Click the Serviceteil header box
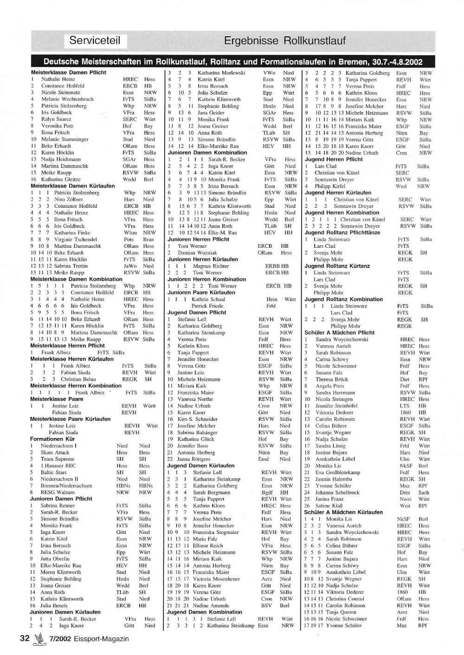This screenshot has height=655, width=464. click(x=95, y=40)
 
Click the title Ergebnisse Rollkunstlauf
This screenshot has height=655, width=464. click(x=284, y=41)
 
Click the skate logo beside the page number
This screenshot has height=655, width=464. click(x=39, y=639)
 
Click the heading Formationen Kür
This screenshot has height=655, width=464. click(x=52, y=439)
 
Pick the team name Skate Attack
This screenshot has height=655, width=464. click(x=55, y=452)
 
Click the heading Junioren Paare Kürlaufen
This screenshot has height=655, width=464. click(x=201, y=293)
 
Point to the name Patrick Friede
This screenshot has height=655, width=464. click(x=207, y=306)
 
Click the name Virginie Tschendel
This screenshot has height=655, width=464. click(x=76, y=239)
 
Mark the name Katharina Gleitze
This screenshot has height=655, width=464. click(x=60, y=179)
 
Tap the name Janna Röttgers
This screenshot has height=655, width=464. click(x=194, y=459)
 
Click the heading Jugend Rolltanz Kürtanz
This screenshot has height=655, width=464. click(x=337, y=266)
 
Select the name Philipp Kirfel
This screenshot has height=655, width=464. click(x=330, y=186)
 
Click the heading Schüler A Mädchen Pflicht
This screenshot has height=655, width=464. click(x=339, y=333)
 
